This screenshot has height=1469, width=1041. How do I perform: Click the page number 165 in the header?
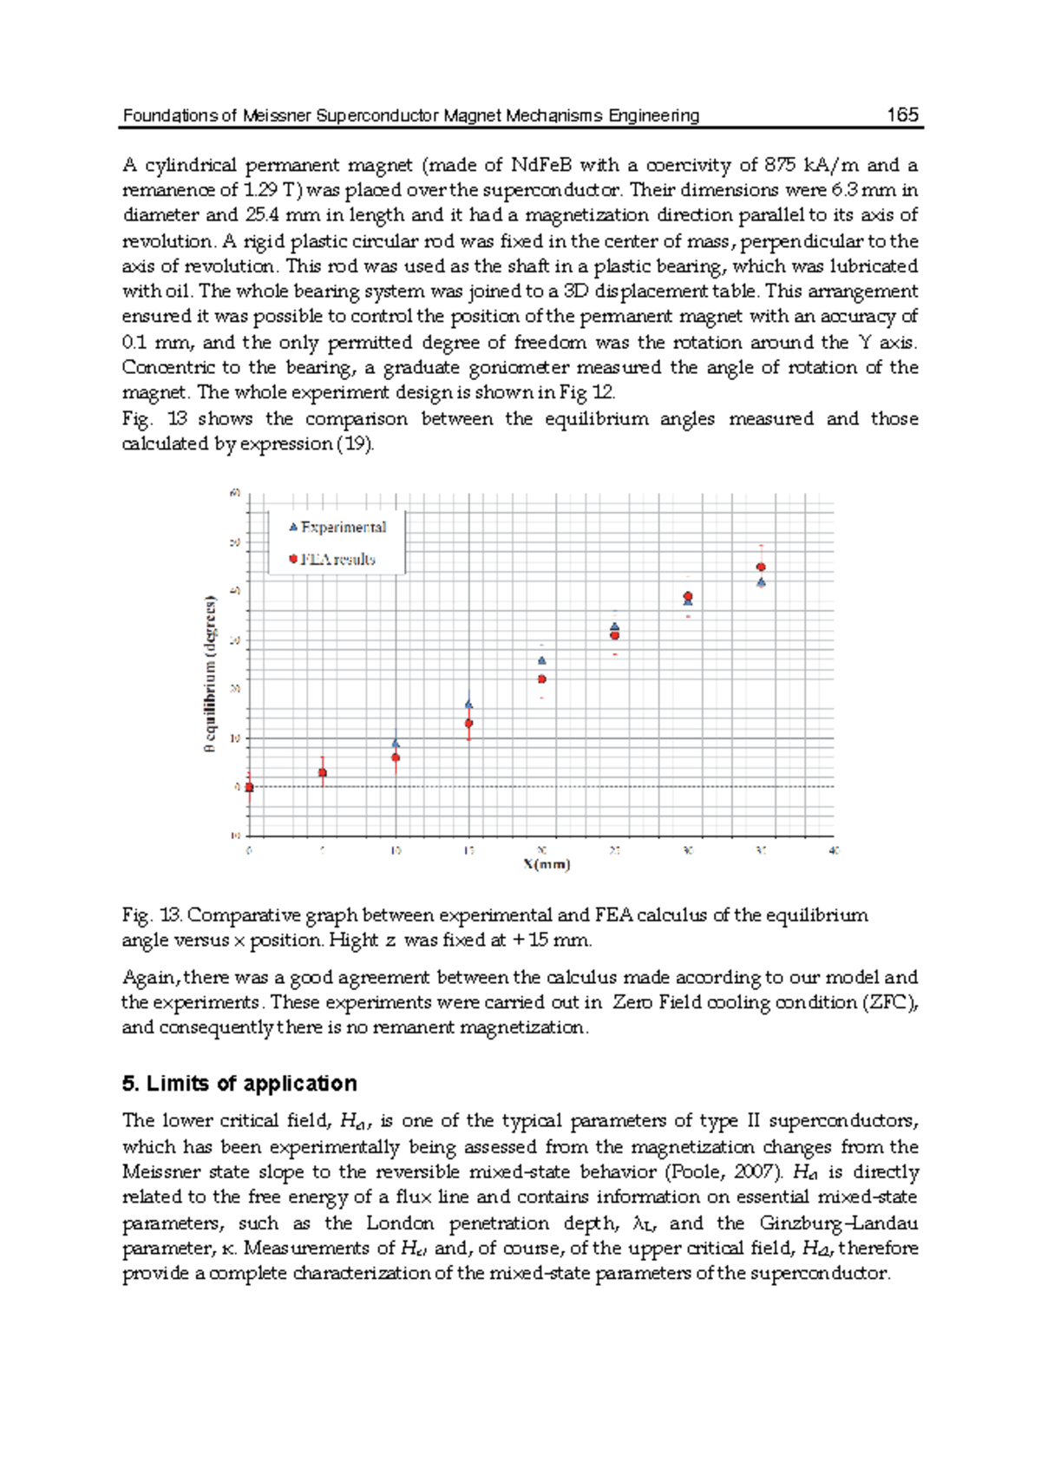pos(902,115)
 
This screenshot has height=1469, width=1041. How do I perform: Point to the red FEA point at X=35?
pos(761,567)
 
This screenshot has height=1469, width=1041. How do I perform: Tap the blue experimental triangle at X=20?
pos(542,661)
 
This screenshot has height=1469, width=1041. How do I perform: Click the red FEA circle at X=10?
pos(396,757)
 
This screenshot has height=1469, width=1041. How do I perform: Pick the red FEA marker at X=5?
pos(323,772)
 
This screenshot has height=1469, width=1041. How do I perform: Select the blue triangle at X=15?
pos(469,705)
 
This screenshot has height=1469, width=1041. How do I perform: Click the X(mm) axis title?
pos(547,864)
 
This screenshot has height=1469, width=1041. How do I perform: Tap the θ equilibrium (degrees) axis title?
pos(210,673)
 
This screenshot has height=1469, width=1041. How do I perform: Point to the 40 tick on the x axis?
pos(834,851)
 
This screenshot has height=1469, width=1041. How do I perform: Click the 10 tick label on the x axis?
pos(396,851)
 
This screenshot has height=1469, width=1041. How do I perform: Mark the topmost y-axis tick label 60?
pos(234,494)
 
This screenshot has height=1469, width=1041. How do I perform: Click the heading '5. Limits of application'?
pos(239,1083)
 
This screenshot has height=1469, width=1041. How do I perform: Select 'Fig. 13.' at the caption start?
pos(152,915)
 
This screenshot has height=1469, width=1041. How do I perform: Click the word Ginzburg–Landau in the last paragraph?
pos(838,1223)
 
